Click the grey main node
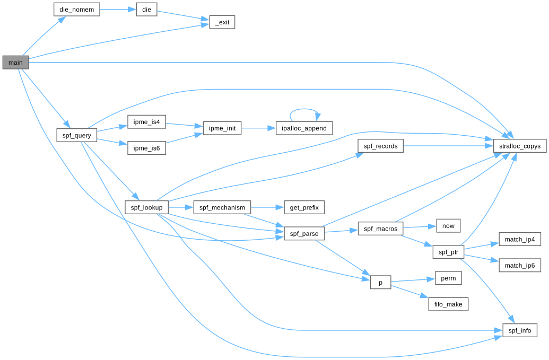tap(15, 63)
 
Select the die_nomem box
tap(77, 9)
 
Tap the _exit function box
tap(222, 22)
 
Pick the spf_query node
tap(77, 135)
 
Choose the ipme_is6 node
tap(147, 148)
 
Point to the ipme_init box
tap(222, 128)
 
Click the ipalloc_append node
tap(304, 128)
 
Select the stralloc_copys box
tap(520, 146)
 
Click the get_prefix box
tap(304, 207)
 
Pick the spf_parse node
tap(304, 233)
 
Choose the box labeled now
tap(448, 225)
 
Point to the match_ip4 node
tap(520, 240)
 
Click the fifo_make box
tap(448, 304)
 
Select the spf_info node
tap(520, 330)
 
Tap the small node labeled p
tap(380, 283)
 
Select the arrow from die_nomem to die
tap(118, 9)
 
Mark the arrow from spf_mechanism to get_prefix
tap(267, 207)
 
